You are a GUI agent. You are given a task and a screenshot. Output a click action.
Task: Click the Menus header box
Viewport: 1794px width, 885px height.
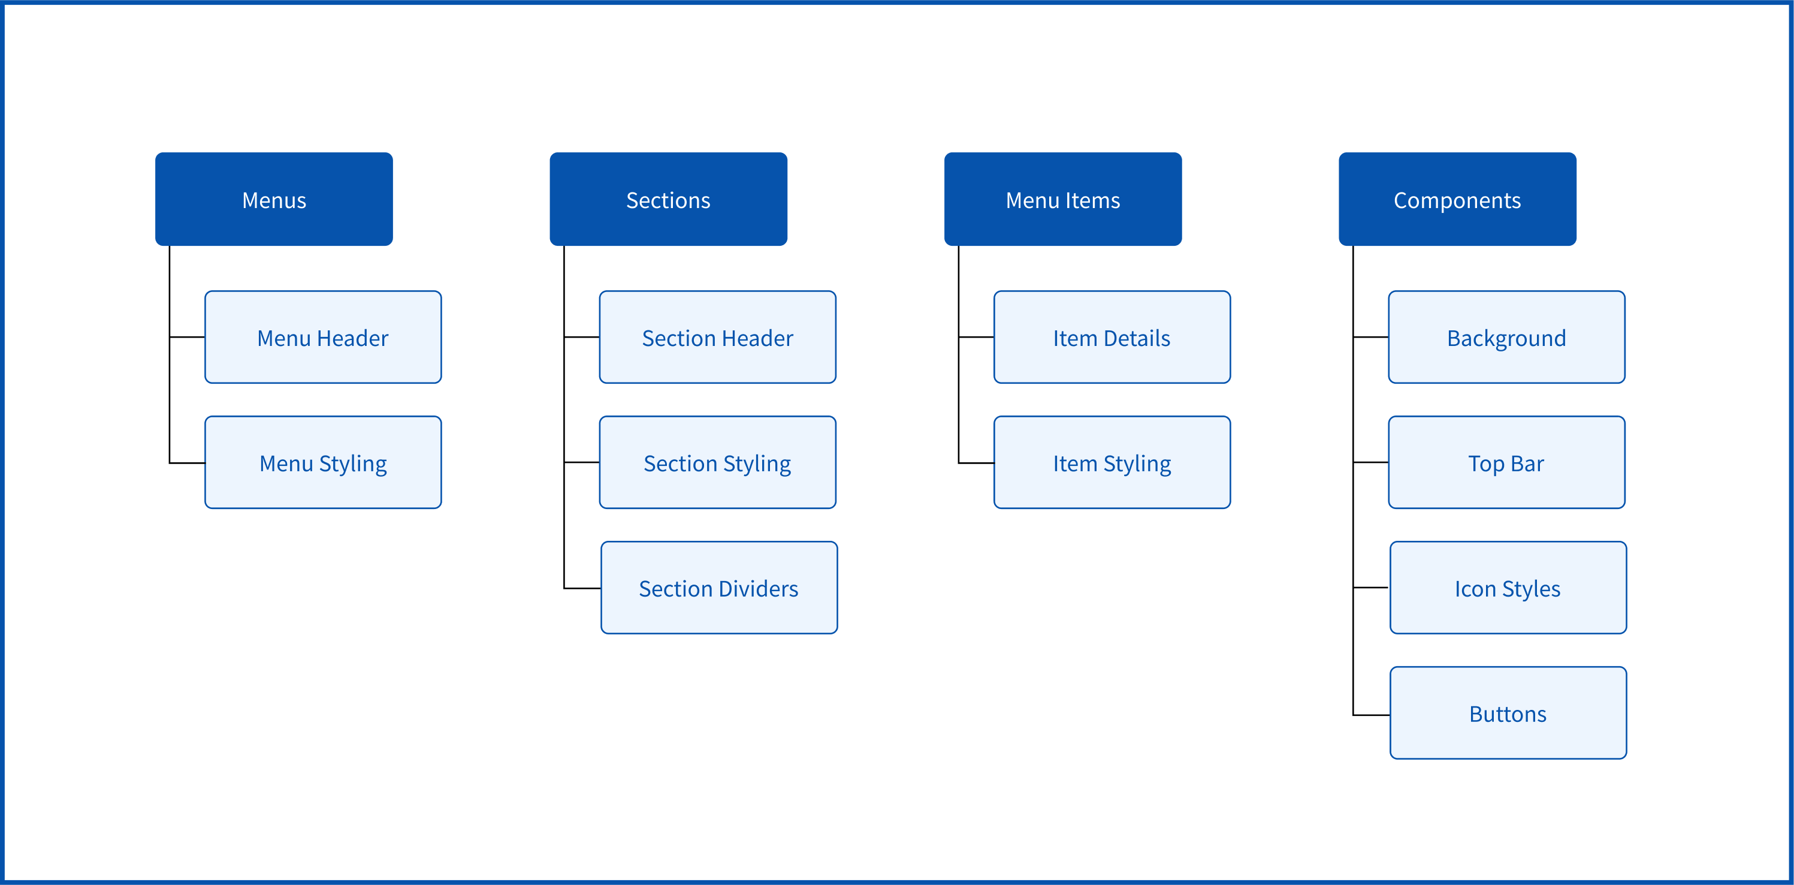(274, 198)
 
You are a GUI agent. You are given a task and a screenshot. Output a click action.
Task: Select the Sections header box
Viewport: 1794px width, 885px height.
(669, 198)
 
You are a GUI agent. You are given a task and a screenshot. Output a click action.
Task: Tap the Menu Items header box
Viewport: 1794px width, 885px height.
(1063, 198)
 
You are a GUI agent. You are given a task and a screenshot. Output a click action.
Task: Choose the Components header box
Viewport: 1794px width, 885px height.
(1458, 198)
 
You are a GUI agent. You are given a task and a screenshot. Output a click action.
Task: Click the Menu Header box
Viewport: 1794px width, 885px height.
(323, 338)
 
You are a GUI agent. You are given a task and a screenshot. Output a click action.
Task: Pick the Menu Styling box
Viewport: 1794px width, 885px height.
(323, 463)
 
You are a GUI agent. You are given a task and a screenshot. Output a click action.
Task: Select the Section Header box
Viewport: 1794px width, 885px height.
(717, 338)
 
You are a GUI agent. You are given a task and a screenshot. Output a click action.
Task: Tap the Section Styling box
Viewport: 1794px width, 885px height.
(717, 463)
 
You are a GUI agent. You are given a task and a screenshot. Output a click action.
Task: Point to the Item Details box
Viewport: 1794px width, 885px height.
(1112, 338)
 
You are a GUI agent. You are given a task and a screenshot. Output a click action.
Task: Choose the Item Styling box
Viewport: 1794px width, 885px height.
(1112, 463)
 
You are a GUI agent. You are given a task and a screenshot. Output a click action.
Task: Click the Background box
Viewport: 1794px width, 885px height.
(1507, 338)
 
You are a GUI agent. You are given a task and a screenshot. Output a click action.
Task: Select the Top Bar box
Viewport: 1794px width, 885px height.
(1507, 463)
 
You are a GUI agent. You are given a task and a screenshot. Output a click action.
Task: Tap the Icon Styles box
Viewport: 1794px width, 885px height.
(1508, 588)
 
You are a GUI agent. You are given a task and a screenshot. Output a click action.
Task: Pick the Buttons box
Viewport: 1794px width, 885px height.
(1508, 713)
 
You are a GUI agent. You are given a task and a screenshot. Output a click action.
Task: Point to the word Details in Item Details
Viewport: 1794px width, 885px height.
(1137, 338)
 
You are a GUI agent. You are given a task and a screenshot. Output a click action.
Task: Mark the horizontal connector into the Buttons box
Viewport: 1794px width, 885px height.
(1372, 715)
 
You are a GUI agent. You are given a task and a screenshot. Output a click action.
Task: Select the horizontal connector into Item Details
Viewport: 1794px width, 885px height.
(976, 338)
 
